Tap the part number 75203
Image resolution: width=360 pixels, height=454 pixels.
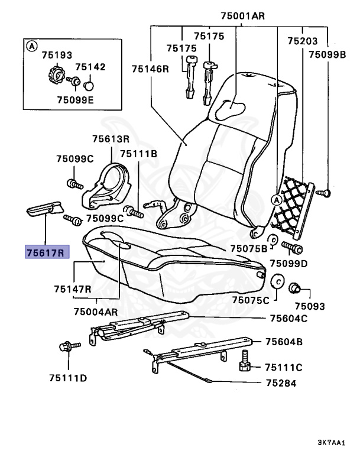point(302,41)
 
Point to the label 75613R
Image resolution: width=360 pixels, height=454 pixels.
point(111,139)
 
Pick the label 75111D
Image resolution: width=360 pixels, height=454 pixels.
point(67,377)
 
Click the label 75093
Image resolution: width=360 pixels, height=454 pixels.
point(310,306)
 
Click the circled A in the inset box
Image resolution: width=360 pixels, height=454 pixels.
point(33,46)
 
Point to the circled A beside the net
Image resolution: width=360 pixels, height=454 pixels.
point(276,199)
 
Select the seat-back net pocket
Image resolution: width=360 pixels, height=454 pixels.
point(292,204)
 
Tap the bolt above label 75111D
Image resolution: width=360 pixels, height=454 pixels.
point(65,348)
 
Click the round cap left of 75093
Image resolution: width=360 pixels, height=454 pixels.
point(277,281)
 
